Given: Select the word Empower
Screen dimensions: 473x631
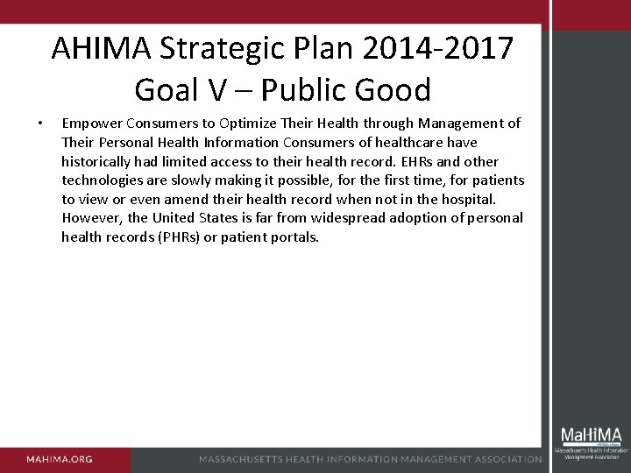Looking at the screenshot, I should coord(93,124).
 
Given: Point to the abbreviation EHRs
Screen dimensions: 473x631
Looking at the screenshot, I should coord(411,161).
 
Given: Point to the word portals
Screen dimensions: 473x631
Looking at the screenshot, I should coord(295,236).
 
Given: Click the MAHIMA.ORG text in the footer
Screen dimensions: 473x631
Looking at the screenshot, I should coord(59,459).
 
